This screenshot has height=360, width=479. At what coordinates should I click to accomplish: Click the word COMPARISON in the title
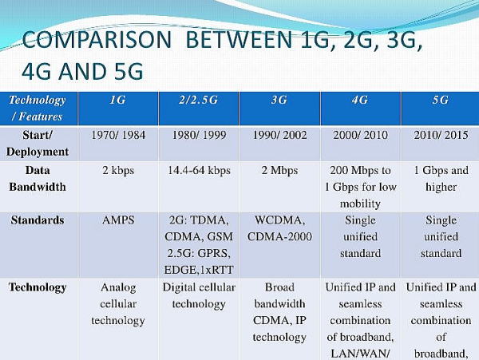(97, 40)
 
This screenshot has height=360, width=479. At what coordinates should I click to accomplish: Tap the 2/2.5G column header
(198, 100)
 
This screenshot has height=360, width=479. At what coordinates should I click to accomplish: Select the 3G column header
(279, 100)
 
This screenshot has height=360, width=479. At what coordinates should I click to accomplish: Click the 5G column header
(441, 100)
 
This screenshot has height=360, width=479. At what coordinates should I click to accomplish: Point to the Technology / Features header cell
(38, 108)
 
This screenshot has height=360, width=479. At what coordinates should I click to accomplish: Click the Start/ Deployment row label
(38, 143)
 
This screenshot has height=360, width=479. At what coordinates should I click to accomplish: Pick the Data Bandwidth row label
(38, 178)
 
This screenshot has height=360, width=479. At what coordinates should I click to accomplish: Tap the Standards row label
(38, 220)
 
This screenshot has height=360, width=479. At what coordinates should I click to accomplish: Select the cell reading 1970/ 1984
(118, 135)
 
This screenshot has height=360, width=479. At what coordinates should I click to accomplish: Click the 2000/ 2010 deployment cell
(360, 135)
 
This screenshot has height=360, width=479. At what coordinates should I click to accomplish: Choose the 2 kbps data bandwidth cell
(118, 170)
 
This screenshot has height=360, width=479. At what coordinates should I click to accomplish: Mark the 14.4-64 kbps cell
(199, 170)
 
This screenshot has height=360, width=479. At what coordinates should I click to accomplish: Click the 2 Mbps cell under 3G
(279, 170)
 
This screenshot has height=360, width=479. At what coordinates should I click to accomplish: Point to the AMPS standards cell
(118, 220)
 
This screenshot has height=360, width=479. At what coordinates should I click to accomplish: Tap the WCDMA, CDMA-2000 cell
(279, 228)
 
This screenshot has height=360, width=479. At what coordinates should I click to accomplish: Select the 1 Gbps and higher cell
(441, 179)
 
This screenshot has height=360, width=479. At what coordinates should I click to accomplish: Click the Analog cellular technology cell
(118, 304)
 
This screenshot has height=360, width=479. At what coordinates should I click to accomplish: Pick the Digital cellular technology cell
(199, 295)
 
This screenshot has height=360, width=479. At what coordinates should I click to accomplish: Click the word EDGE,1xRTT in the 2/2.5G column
(199, 270)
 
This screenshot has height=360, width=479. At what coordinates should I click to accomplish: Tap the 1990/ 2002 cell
(279, 135)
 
